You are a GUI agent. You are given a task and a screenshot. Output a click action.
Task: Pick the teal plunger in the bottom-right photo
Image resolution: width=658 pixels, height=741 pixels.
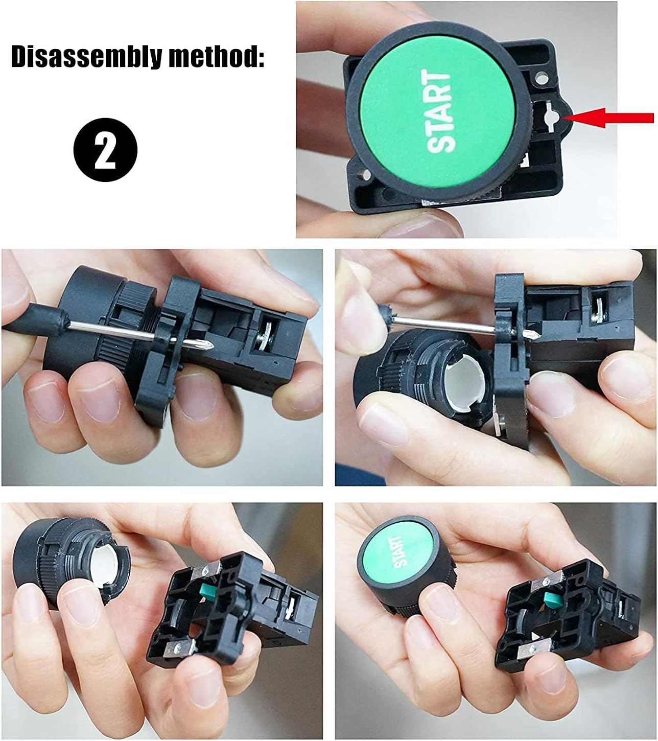[551, 600]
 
